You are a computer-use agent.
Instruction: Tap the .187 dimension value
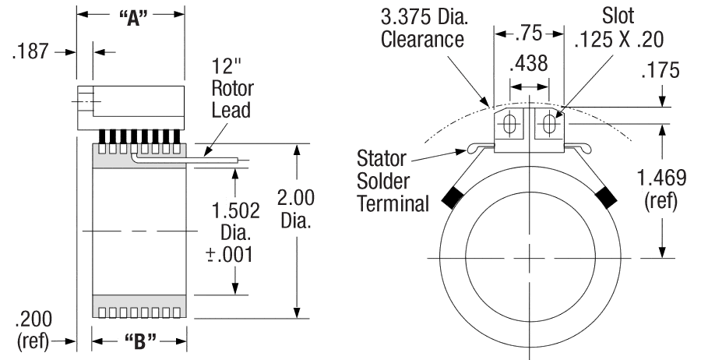(30, 51)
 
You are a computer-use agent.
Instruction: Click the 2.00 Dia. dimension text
(297, 210)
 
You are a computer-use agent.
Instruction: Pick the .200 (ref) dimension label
(33, 329)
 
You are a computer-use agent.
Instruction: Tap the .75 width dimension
(530, 34)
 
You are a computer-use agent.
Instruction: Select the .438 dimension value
(528, 65)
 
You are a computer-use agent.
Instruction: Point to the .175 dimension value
(660, 71)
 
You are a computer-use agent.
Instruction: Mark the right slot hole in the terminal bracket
(551, 124)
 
